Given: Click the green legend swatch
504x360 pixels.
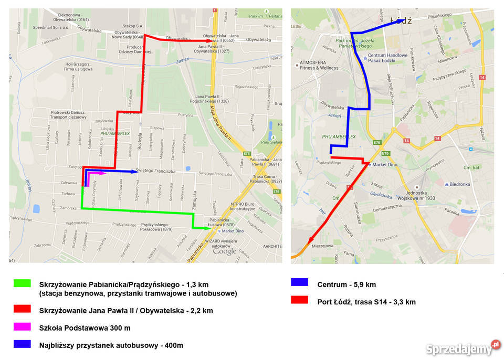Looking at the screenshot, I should point(22,283).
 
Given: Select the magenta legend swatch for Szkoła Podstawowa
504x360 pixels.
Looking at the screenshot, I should point(22,327).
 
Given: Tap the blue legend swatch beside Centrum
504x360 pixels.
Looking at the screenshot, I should point(299,282).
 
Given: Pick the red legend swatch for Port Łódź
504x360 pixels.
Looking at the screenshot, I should point(299,300).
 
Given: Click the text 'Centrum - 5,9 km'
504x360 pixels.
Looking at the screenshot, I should point(346,284).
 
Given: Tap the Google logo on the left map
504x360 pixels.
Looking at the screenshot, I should point(225,252).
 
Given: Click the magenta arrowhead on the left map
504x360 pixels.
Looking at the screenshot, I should point(103,173).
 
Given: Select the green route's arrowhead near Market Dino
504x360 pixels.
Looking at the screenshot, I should point(207,228).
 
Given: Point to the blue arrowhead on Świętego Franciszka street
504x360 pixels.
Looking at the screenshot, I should point(133,171).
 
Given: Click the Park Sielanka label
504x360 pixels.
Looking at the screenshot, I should point(271,141).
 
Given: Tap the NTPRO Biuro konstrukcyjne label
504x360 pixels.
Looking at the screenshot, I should point(243,206).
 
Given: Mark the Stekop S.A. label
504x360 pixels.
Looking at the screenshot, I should point(133,25).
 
